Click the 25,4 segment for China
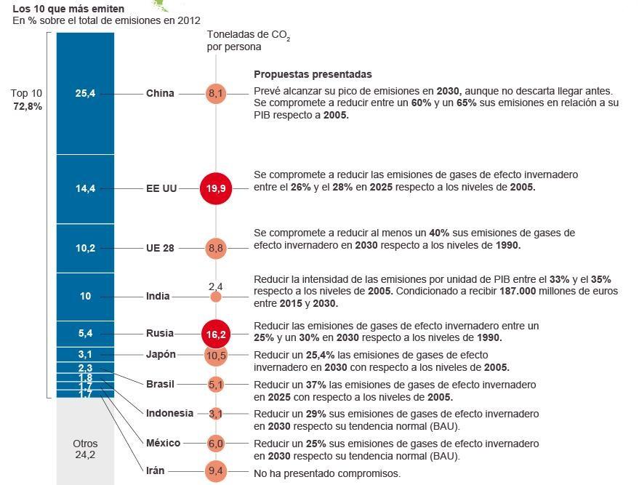pyautogui.click(x=85, y=93)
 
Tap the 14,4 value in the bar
pyautogui.click(x=85, y=188)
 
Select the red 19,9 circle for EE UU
pyautogui.click(x=216, y=188)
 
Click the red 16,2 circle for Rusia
pyautogui.click(x=216, y=334)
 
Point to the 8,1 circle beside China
pyautogui.click(x=216, y=93)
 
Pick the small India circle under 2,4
pyautogui.click(x=216, y=297)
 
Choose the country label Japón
pyautogui.click(x=161, y=354)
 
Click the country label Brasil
pyautogui.click(x=161, y=383)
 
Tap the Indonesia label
pyautogui.click(x=169, y=413)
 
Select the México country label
pyautogui.click(x=163, y=442)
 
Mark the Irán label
pyautogui.click(x=156, y=470)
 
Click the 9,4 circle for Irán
pyautogui.click(x=216, y=471)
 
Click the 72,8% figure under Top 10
pyautogui.click(x=28, y=106)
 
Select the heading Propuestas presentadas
pyautogui.click(x=313, y=74)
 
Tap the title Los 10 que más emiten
pyautogui.click(x=63, y=9)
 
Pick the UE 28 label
pyautogui.click(x=160, y=248)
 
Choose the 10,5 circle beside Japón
pyautogui.click(x=216, y=356)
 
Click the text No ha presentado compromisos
pyautogui.click(x=327, y=473)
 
